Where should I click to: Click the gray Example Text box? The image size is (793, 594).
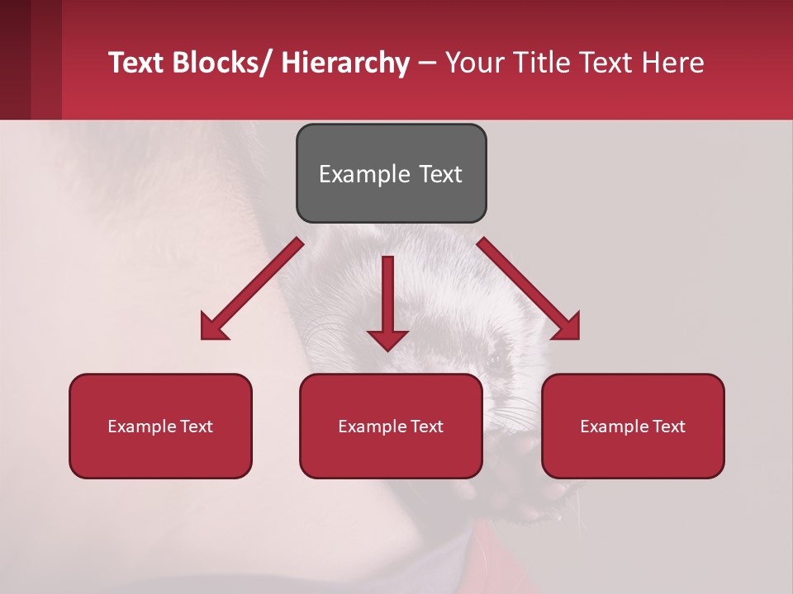[x=391, y=173]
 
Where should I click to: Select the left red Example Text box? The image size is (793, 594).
[x=160, y=426]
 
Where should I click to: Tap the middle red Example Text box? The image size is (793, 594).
[x=391, y=426]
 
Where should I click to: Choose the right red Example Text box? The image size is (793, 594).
[x=633, y=426]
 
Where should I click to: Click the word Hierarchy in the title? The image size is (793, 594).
[x=345, y=63]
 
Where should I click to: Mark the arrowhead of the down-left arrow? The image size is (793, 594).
[x=213, y=327]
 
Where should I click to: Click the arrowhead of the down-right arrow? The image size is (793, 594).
[x=567, y=327]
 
